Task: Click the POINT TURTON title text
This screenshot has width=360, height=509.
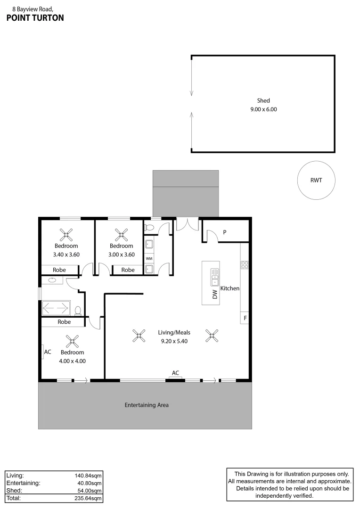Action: (35, 18)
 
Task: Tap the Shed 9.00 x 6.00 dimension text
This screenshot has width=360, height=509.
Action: (263, 109)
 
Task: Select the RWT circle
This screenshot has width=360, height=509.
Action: (316, 181)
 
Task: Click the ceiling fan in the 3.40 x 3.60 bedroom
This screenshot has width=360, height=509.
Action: (66, 234)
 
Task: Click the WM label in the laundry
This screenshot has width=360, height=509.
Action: (149, 259)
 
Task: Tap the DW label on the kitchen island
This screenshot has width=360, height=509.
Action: (215, 295)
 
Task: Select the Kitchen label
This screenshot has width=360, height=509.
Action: (230, 288)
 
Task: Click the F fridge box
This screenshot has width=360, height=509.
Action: (245, 318)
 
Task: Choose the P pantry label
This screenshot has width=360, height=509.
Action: (225, 232)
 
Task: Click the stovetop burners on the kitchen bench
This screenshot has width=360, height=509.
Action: (245, 264)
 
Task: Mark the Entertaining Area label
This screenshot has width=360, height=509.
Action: (147, 405)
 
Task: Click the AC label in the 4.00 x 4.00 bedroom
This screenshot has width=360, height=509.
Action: (47, 352)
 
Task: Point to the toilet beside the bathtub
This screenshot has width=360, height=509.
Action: (78, 310)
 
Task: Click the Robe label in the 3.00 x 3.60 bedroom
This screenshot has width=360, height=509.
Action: (128, 270)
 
